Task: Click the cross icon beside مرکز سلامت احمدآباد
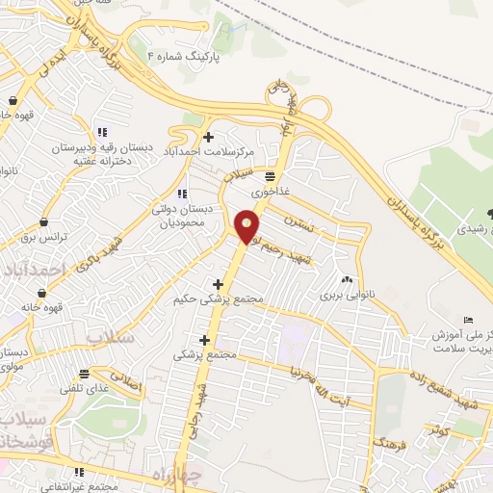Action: tap(209, 137)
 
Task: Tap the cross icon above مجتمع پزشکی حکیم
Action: tap(219, 284)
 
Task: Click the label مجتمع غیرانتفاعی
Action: tap(79, 486)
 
